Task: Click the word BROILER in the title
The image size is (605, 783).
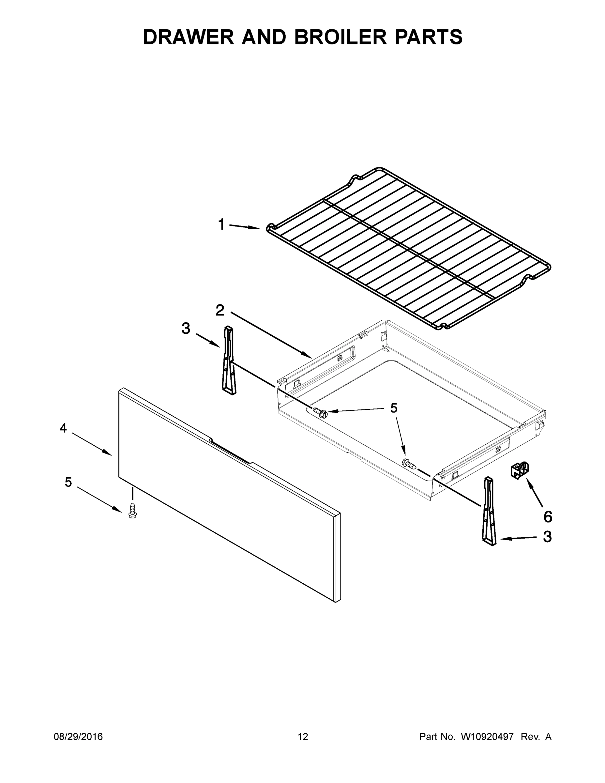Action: pyautogui.click(x=340, y=37)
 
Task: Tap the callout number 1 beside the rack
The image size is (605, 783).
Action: pyautogui.click(x=221, y=225)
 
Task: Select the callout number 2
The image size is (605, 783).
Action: pyautogui.click(x=220, y=310)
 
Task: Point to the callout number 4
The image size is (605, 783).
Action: pyautogui.click(x=63, y=428)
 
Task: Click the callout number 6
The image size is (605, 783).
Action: pyautogui.click(x=548, y=517)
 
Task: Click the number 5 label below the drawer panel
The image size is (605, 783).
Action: pyautogui.click(x=68, y=482)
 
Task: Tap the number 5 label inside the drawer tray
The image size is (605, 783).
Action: pyautogui.click(x=394, y=408)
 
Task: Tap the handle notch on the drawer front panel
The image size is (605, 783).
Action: pyautogui.click(x=231, y=453)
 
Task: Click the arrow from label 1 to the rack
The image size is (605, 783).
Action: pyautogui.click(x=244, y=227)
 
